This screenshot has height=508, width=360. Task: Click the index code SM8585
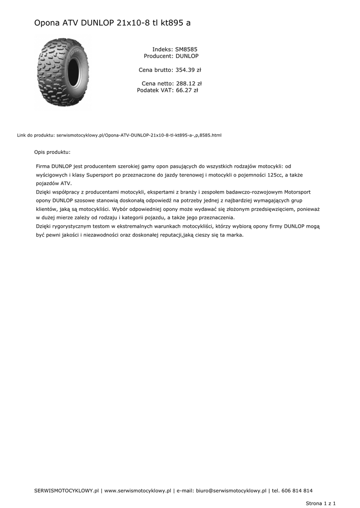186,50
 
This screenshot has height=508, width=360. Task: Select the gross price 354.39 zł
188,70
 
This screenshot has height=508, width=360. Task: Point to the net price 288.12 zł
189,84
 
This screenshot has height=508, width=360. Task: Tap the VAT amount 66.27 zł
187,90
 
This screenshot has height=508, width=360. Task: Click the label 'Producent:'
158,56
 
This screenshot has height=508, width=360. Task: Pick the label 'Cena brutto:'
155,70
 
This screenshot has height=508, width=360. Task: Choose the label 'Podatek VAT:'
155,90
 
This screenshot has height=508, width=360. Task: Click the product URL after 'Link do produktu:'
139,135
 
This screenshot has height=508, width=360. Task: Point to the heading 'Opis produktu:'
52,152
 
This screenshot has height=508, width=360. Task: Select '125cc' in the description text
276,175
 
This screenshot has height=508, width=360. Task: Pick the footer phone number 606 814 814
297,491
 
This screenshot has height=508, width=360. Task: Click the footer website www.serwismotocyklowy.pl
138,491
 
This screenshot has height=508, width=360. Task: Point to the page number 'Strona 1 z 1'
321,503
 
